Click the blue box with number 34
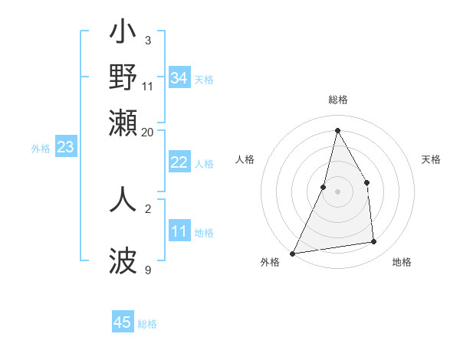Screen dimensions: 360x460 click(179, 78)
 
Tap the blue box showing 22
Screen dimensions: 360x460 click(179, 162)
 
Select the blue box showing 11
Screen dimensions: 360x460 click(179, 231)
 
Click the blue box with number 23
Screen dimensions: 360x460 click(65, 147)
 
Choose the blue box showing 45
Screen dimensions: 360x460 click(123, 322)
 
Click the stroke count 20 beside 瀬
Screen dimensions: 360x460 click(147, 132)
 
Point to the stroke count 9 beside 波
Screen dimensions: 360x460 click(147, 270)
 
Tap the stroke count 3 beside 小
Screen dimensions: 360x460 click(147, 40)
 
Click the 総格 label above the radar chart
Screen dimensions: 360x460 click(337, 100)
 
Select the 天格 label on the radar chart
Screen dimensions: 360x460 click(431, 159)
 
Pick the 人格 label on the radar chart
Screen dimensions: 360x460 click(245, 159)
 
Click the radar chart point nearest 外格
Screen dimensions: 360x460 click(292, 253)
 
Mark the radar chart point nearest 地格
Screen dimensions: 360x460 click(374, 242)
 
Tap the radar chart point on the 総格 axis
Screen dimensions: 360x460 click(337, 130)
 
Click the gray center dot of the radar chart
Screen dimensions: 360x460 click(337, 191)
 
